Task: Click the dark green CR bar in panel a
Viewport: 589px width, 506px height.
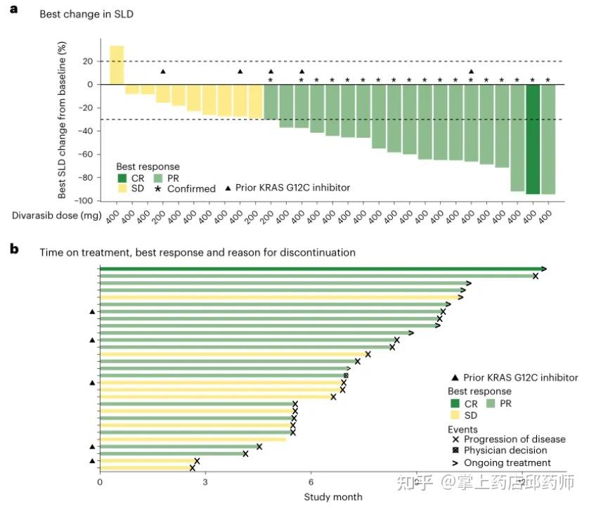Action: [x=533, y=138]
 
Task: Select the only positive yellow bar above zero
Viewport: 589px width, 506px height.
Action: [x=117, y=65]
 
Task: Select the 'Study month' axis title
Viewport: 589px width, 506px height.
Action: [x=333, y=497]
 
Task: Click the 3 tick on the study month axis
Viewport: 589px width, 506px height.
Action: [x=205, y=482]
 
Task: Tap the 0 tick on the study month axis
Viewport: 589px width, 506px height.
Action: [x=100, y=482]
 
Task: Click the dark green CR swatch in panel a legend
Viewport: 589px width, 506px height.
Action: [x=122, y=178]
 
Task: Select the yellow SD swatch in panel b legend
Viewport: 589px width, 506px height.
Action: [x=454, y=415]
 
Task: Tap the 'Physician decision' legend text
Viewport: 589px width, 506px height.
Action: [x=505, y=450]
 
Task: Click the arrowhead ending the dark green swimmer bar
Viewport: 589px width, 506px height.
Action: [x=544, y=268]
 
